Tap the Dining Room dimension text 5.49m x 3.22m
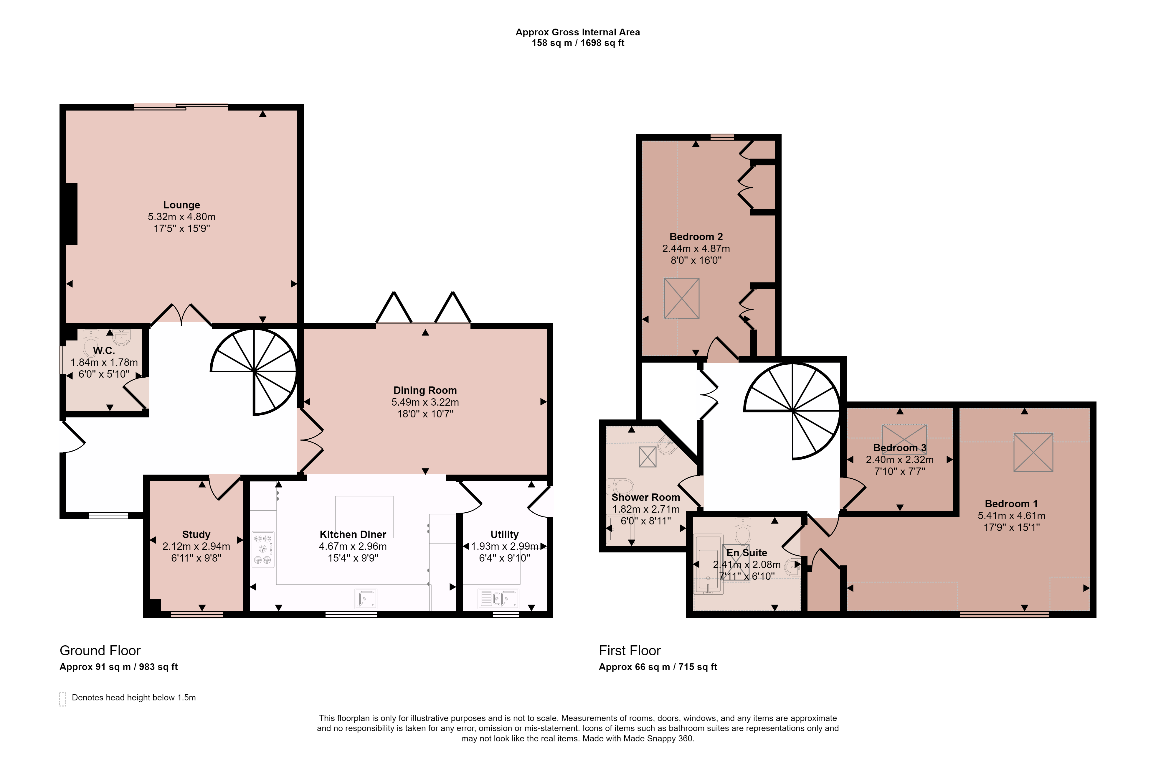click(425, 402)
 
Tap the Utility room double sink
click(498, 599)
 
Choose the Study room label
click(196, 534)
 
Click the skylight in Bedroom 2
click(681, 298)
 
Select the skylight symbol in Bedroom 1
click(1034, 452)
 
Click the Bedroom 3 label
click(899, 448)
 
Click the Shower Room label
click(645, 498)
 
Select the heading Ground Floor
click(100, 651)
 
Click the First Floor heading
click(630, 651)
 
